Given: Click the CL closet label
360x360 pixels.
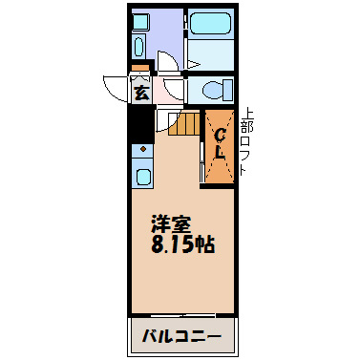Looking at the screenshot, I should (219, 143).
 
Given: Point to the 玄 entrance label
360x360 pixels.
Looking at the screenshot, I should (140, 93).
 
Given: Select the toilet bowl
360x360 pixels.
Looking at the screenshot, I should (216, 91).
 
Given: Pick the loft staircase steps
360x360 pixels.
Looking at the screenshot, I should (184, 124).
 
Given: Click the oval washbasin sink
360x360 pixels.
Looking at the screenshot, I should (138, 47).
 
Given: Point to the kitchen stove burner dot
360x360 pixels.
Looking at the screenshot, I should (142, 150).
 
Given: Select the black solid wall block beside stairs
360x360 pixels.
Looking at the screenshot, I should (141, 121).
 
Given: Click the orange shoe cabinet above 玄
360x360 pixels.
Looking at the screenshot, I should (140, 70).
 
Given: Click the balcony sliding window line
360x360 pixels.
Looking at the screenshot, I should (180, 314).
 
